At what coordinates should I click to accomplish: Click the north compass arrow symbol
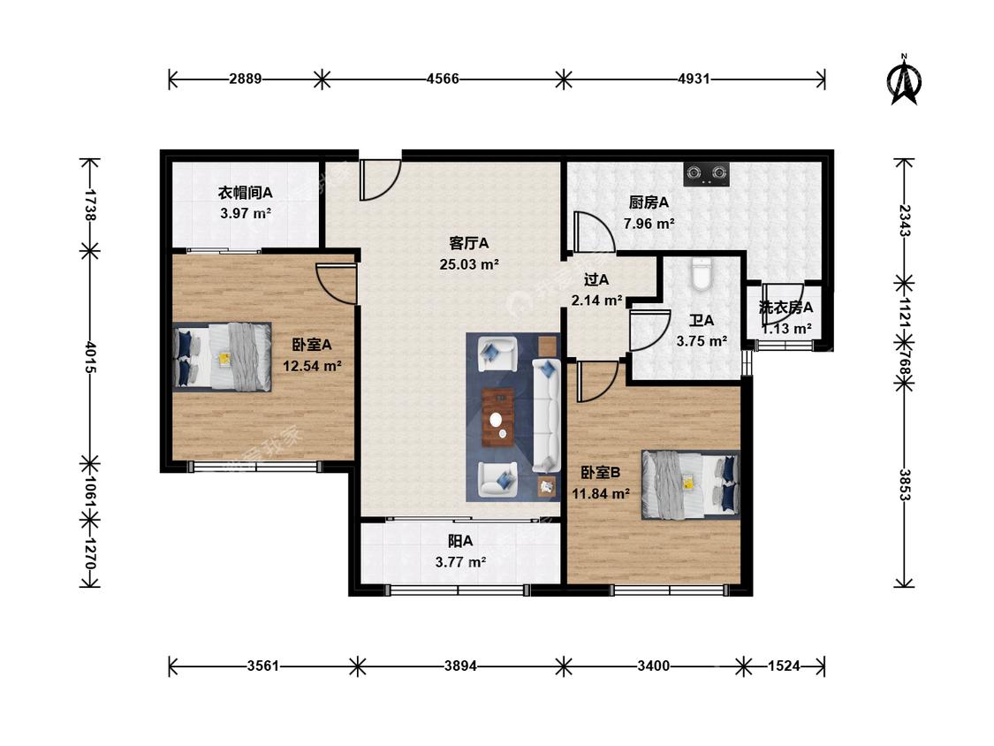click(x=905, y=80)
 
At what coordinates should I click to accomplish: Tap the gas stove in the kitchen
click(x=706, y=174)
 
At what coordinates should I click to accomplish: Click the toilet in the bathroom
click(x=701, y=274)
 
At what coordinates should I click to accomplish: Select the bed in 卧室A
click(x=223, y=356)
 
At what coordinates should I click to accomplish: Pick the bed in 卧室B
click(x=690, y=484)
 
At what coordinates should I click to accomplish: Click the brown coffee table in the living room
click(x=498, y=417)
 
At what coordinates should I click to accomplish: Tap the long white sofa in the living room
click(x=545, y=415)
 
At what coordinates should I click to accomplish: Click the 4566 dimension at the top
click(x=443, y=80)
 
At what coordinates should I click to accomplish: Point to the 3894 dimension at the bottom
click(x=460, y=666)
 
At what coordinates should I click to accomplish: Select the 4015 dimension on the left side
click(x=90, y=358)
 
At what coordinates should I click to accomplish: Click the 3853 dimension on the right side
click(x=904, y=485)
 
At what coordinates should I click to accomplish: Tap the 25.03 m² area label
click(x=469, y=264)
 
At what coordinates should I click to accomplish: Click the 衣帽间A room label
click(x=246, y=192)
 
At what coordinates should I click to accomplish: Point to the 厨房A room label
click(x=649, y=202)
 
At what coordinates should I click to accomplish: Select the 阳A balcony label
click(x=460, y=541)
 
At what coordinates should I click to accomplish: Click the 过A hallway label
click(x=596, y=279)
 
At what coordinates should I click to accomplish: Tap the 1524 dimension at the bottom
click(x=784, y=666)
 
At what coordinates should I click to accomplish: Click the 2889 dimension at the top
click(x=246, y=80)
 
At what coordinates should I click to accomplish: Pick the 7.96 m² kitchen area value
click(x=649, y=224)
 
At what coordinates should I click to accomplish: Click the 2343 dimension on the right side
click(x=904, y=221)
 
